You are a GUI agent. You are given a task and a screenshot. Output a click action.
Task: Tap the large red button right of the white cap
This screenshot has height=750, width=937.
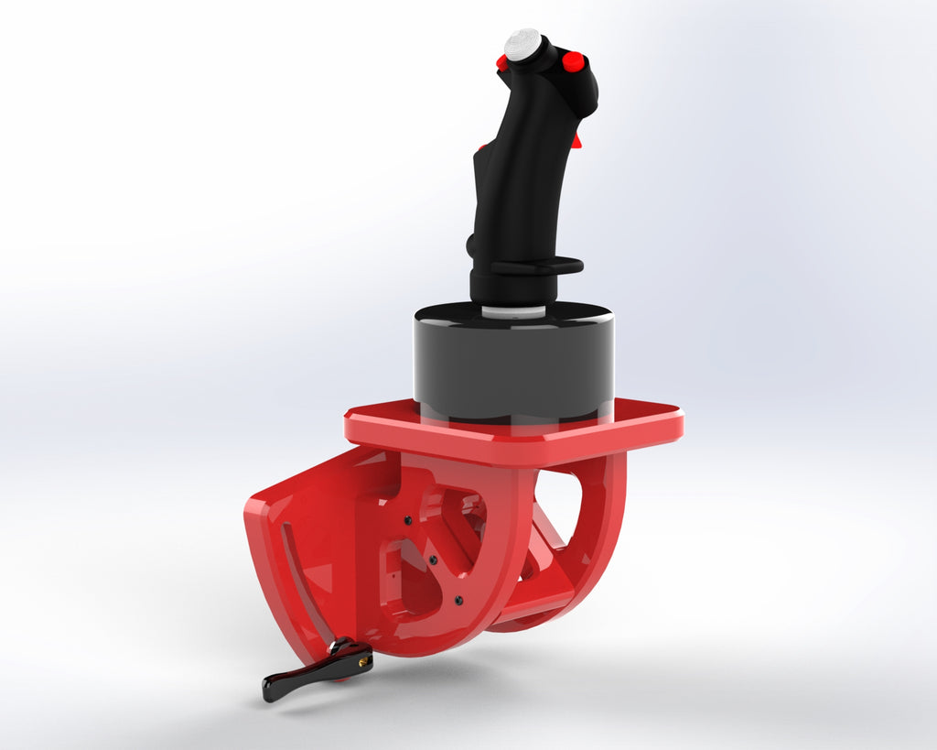click(x=573, y=61)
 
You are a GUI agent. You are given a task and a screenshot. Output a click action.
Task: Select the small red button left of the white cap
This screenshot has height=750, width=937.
click(x=501, y=62)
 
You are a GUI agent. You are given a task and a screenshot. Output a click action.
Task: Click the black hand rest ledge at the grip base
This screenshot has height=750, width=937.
click(x=540, y=266)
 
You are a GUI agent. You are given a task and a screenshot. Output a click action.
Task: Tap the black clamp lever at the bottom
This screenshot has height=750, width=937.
click(x=311, y=674)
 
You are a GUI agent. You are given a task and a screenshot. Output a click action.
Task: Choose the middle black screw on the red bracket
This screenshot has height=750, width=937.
click(x=432, y=559)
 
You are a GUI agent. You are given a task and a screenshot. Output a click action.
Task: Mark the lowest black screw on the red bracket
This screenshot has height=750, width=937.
click(x=458, y=601)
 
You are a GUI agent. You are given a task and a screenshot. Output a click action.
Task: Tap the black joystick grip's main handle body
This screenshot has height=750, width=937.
click(x=517, y=183)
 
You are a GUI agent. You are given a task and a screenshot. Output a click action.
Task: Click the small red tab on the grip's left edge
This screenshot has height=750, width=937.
click(x=480, y=147)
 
